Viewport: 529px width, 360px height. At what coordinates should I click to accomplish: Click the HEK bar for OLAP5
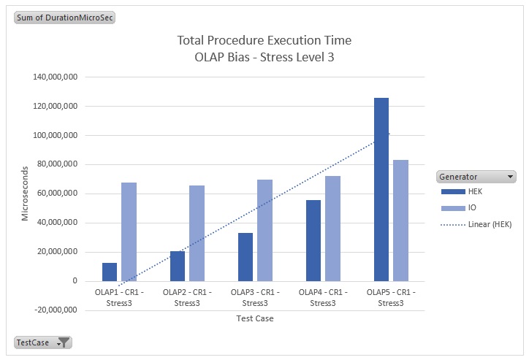click(381, 190)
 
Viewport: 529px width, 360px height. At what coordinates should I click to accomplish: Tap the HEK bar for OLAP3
click(246, 257)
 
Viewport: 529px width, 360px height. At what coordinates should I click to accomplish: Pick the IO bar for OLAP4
click(332, 229)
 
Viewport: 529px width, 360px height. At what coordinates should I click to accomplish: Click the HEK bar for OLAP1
click(110, 272)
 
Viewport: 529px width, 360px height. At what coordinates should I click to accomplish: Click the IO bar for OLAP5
click(400, 221)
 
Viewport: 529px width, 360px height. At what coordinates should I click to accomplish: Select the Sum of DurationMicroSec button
click(65, 17)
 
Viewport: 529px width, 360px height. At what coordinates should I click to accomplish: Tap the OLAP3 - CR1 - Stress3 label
click(255, 298)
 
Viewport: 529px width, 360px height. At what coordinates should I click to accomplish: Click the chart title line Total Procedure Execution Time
click(264, 41)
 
